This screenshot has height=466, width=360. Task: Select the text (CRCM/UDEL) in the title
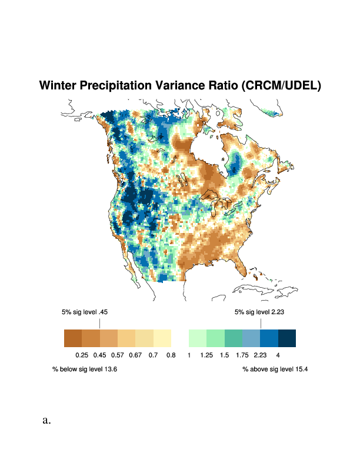(281, 86)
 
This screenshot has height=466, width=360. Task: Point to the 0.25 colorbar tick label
(82, 355)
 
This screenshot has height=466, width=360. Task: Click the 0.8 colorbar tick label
(171, 355)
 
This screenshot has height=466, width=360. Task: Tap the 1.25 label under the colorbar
(206, 355)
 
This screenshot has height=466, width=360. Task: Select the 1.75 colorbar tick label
(242, 355)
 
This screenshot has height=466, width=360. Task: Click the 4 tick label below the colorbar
(278, 355)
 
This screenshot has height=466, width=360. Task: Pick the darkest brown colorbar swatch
(73, 338)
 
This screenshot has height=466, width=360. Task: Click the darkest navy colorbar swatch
(286, 338)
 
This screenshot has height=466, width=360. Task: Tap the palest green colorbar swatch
(198, 338)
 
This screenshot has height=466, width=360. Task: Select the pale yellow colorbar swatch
(162, 338)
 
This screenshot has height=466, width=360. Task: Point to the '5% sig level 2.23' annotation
(259, 312)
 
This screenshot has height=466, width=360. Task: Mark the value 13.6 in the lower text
(109, 370)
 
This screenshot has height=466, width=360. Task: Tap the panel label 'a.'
(46, 421)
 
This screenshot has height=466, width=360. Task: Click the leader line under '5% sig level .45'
(99, 324)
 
